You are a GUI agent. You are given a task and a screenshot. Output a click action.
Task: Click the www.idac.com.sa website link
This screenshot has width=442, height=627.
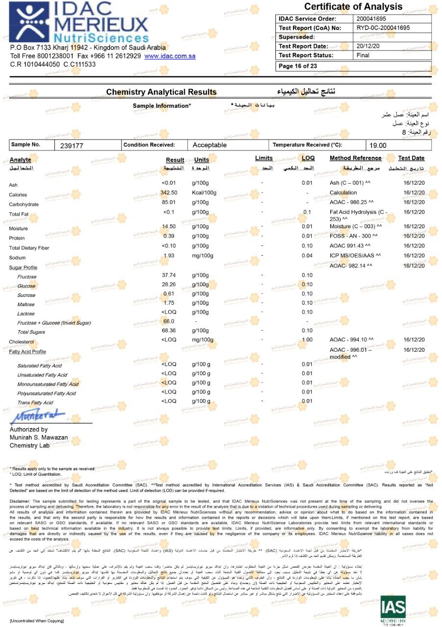pyautogui.click(x=170, y=56)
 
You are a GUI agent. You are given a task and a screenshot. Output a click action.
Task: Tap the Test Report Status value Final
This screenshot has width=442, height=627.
pyautogui.click(x=363, y=55)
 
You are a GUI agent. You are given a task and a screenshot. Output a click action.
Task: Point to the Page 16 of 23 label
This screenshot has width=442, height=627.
pyautogui.click(x=297, y=66)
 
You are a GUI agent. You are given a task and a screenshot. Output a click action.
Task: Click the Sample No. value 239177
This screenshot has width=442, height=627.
pyautogui.click(x=72, y=145)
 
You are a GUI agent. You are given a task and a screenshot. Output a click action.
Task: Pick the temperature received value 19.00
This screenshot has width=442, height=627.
pyautogui.click(x=378, y=145)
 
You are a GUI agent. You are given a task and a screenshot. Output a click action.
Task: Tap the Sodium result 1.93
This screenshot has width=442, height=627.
pyautogui.click(x=169, y=256)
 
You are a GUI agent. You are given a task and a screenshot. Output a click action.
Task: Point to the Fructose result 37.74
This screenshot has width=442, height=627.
pyautogui.click(x=169, y=275)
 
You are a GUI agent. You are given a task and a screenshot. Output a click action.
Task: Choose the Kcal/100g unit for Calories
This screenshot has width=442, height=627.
pyautogui.click(x=204, y=193)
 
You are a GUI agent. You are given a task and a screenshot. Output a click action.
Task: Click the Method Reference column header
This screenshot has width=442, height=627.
pyautogui.click(x=355, y=158)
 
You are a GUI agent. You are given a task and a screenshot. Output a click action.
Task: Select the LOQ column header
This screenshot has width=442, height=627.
pyautogui.click(x=308, y=158)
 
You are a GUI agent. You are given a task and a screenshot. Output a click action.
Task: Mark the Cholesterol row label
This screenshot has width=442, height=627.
pyautogui.click(x=22, y=342)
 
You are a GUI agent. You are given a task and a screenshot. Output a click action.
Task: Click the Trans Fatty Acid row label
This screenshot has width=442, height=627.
pyautogui.click(x=35, y=403)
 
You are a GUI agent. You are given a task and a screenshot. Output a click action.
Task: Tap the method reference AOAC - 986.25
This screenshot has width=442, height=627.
pyautogui.click(x=352, y=202)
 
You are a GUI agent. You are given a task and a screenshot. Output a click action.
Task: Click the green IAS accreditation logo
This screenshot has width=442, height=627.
pyautogui.click(x=393, y=609)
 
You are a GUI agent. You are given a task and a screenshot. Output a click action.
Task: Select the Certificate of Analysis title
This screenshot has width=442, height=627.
pyautogui.click(x=353, y=7)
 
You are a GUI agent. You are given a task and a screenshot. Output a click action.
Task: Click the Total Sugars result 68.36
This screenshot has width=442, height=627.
pyautogui.click(x=169, y=331)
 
